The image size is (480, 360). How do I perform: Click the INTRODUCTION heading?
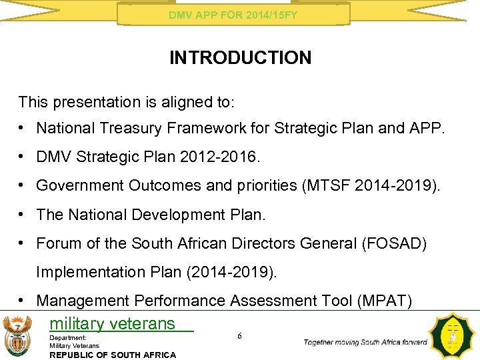240,58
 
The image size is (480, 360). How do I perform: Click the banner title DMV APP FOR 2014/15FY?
233,14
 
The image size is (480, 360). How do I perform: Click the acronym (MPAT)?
385,301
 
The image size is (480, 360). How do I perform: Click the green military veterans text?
112,324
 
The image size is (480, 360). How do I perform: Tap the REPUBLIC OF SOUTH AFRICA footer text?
113,355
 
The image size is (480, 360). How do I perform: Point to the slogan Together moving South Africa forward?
365,342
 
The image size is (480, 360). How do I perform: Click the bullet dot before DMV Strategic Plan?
23,157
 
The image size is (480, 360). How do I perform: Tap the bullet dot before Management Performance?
23,301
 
